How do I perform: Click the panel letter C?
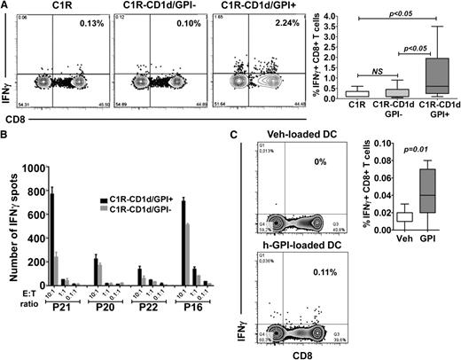pyautogui.click(x=234, y=135)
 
